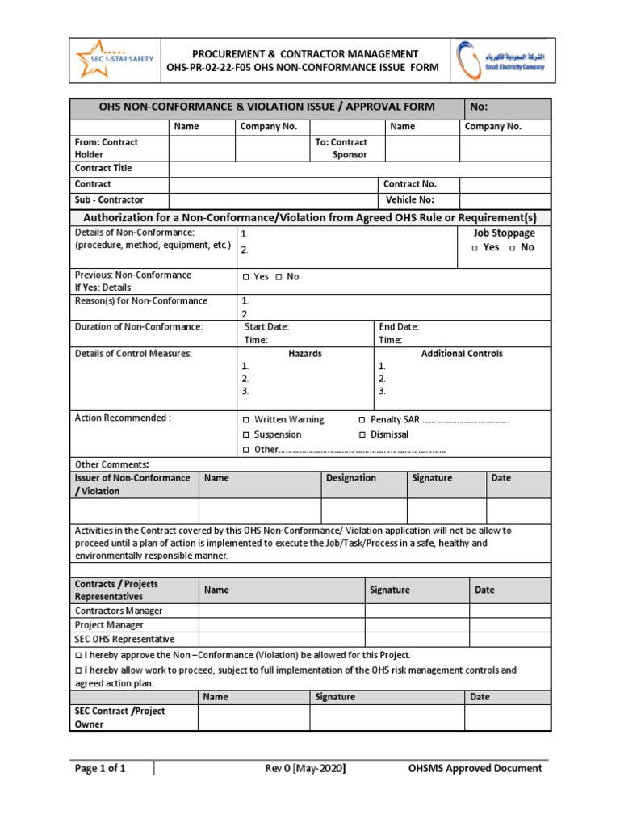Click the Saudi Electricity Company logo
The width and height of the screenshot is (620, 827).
(x=502, y=59)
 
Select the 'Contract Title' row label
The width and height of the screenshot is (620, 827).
(x=103, y=168)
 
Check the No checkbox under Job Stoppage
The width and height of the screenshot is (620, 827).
(x=513, y=248)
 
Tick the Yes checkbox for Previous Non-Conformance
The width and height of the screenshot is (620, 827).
(x=246, y=277)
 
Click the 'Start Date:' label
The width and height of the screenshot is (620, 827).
(x=266, y=327)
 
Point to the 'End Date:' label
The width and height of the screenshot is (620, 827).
(x=399, y=327)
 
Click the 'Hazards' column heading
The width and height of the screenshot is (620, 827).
(x=304, y=354)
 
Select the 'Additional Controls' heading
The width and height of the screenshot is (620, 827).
(x=462, y=354)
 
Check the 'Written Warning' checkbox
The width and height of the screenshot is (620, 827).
(x=246, y=420)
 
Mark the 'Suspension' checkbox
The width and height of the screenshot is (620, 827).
(x=246, y=435)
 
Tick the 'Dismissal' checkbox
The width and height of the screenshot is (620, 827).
(x=362, y=435)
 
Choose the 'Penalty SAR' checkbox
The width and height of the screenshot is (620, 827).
(x=362, y=420)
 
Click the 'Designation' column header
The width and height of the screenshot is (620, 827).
(x=350, y=478)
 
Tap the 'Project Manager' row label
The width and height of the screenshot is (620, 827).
(x=110, y=625)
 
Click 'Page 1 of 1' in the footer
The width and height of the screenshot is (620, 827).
(x=100, y=768)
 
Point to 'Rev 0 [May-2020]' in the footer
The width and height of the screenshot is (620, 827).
(x=305, y=768)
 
